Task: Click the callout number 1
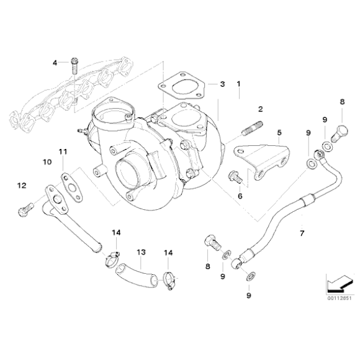[238, 83]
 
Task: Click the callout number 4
[55, 62]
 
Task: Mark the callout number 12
[21, 185]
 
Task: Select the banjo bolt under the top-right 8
[339, 132]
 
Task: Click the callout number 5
[279, 132]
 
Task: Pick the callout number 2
[260, 109]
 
